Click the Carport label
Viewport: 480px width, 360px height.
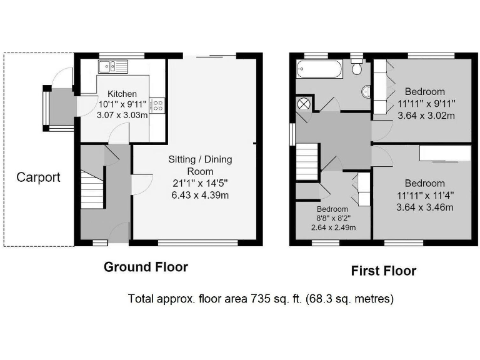[38, 177]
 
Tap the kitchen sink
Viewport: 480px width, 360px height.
[112, 66]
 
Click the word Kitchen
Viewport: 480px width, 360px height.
[122, 94]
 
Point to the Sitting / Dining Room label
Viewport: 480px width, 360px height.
[200, 165]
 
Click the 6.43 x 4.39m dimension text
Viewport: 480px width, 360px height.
[200, 195]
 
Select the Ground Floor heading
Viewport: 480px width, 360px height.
[146, 267]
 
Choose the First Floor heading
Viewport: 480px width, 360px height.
[383, 271]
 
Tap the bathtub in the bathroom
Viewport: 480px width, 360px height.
[320, 68]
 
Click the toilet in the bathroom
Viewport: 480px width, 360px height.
[357, 65]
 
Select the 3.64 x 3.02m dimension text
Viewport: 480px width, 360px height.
[426, 116]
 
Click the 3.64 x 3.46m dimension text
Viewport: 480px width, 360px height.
[425, 207]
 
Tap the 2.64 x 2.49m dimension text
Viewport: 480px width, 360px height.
[332, 227]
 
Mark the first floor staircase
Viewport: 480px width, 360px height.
[307, 161]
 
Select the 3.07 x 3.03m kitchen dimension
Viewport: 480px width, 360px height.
[122, 115]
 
